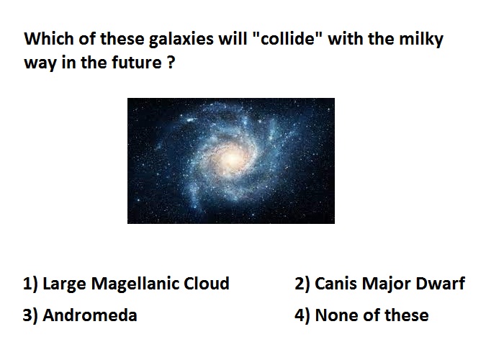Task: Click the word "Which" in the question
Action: (49, 39)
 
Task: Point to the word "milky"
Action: (421, 40)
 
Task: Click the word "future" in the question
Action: (137, 62)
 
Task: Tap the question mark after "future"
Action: (171, 62)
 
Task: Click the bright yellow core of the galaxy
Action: (232, 158)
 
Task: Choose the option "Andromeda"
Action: (90, 315)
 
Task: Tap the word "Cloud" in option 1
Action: (207, 284)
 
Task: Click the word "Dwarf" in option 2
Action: (441, 284)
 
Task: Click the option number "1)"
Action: (30, 284)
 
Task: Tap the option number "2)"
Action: (302, 284)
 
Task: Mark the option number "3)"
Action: (30, 315)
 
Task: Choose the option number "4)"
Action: (302, 315)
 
